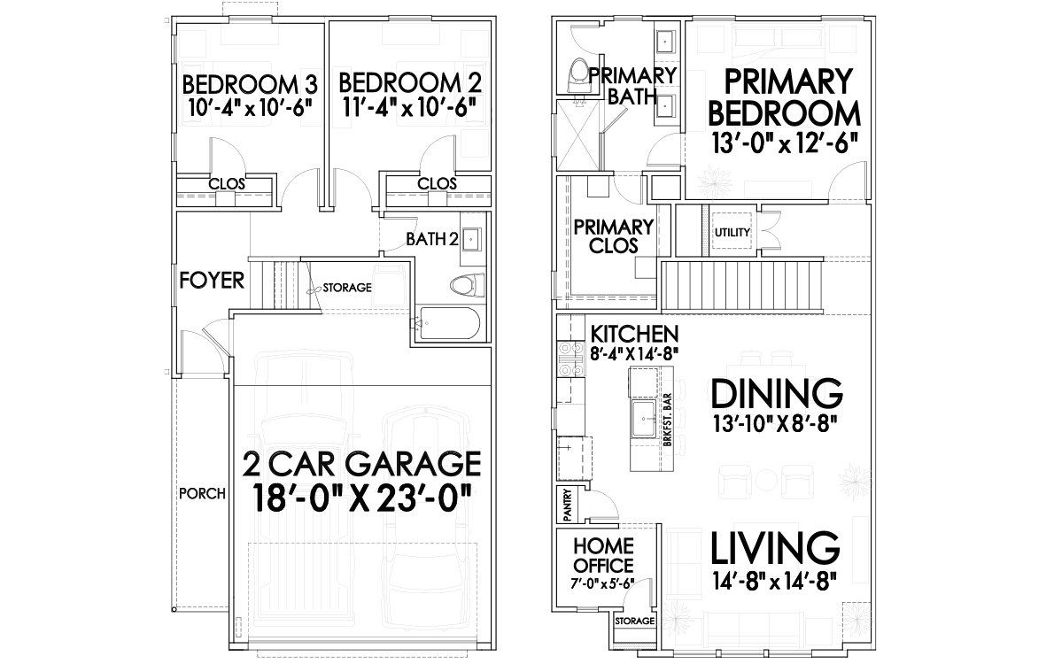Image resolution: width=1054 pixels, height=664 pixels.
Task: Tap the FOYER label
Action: click(x=212, y=281)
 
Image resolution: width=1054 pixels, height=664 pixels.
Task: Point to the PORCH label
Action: click(x=201, y=493)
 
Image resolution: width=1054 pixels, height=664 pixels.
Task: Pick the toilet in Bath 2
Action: click(x=466, y=285)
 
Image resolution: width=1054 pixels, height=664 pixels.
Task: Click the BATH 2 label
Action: click(x=431, y=239)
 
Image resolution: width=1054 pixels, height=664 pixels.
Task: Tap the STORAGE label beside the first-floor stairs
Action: click(x=346, y=288)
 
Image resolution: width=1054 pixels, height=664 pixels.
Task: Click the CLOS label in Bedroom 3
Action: click(x=227, y=184)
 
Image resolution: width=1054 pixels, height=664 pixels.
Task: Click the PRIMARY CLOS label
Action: click(x=613, y=236)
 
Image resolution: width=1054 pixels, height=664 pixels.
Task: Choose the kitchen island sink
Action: click(x=643, y=414)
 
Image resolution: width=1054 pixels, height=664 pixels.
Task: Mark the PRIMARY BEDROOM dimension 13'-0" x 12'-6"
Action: click(x=786, y=143)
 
